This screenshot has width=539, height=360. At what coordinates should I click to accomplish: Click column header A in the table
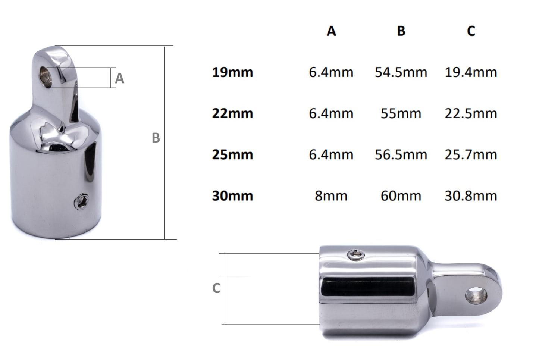point(331,31)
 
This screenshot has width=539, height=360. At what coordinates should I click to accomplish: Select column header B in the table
point(401,31)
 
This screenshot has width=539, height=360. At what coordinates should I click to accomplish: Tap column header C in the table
point(471,31)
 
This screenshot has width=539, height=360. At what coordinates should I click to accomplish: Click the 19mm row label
point(232,72)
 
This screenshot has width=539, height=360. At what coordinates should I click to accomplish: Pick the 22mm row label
point(232,113)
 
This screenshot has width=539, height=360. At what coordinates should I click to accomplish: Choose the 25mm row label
point(232,154)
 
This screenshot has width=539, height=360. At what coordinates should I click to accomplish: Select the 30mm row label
point(232,196)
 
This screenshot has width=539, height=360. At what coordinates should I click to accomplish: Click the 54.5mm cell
point(401,72)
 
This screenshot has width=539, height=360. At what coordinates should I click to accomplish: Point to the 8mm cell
point(331,196)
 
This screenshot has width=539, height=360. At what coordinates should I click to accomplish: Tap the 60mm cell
point(401,196)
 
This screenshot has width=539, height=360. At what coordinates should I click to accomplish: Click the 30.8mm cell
point(471,196)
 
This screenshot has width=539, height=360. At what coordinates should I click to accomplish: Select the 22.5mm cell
point(471,113)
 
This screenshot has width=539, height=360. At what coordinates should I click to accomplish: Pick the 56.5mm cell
point(401,154)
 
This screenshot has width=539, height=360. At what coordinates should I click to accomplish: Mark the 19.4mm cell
point(471,72)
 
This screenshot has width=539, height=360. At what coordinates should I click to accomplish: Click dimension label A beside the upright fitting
point(119,78)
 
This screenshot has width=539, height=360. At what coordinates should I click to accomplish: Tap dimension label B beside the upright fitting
point(156,138)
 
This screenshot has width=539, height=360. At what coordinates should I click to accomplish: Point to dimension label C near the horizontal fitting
point(216,288)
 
